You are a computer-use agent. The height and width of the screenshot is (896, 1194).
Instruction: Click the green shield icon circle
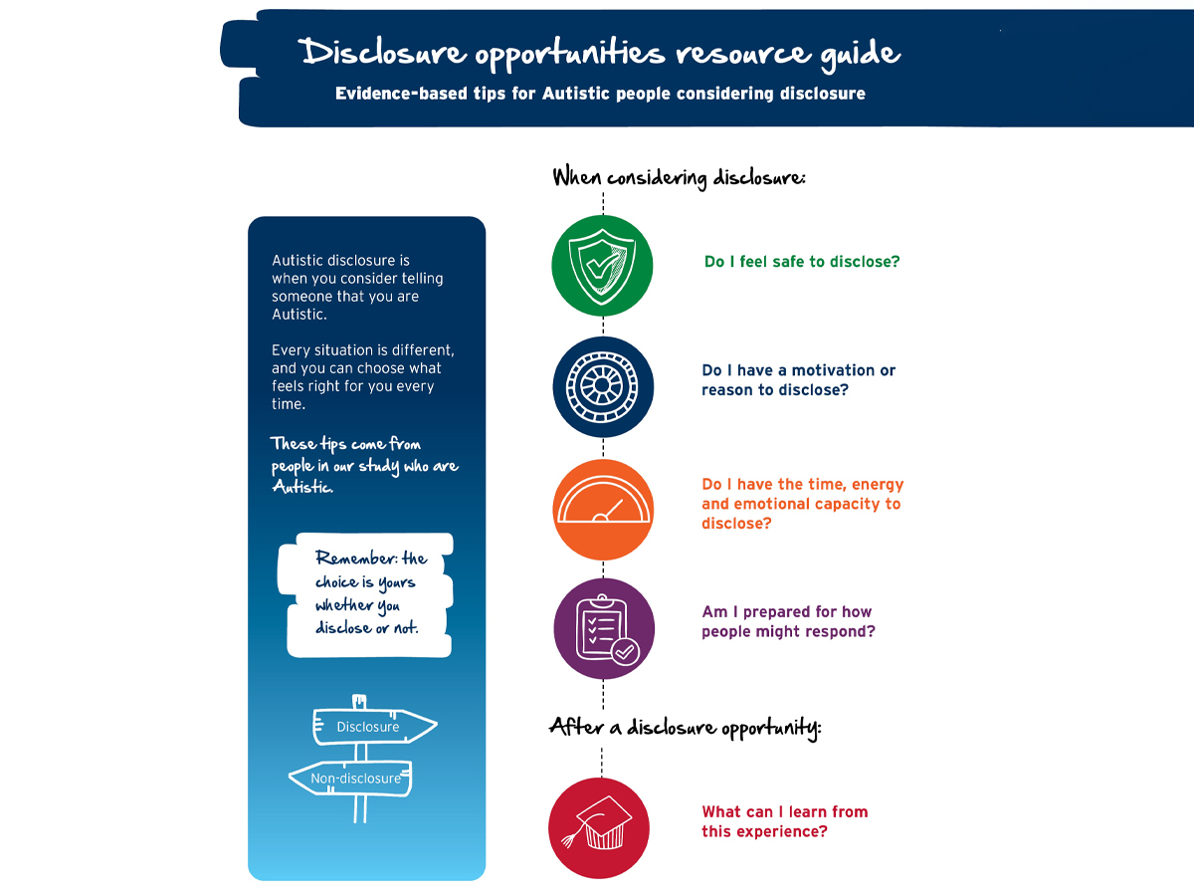coord(602,266)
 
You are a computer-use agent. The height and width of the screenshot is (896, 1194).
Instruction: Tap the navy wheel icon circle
coord(603,387)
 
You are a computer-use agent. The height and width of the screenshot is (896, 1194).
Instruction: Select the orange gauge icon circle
coord(603,509)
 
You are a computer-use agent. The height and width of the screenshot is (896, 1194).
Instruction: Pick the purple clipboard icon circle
coord(604,628)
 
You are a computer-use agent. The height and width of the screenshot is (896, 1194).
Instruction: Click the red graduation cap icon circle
coord(599,828)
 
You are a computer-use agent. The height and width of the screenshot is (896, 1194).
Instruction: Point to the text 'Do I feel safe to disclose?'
coord(802,262)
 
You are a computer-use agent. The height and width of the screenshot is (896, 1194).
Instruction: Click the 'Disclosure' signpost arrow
coord(375,726)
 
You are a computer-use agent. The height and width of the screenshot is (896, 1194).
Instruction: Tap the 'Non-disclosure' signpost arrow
coord(351,778)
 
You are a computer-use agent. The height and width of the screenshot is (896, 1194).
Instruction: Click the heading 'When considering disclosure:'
coord(679,178)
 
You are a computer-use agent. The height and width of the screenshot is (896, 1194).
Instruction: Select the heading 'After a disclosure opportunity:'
coord(685,728)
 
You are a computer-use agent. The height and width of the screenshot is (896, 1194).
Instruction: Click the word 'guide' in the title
coord(860,55)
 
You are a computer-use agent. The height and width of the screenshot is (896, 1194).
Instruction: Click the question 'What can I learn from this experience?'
coord(784,821)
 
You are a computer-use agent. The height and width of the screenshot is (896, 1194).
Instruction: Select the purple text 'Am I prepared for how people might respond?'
coord(788,621)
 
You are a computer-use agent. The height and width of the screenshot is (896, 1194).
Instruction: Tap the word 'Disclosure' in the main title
coord(382,53)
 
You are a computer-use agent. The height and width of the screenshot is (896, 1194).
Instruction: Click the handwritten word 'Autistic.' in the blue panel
coord(302,487)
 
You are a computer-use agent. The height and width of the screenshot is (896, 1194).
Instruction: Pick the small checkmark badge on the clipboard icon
coord(625,651)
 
